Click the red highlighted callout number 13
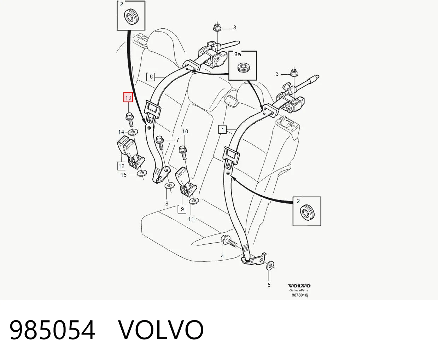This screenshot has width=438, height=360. click(128, 97)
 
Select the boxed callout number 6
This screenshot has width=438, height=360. click(151, 77)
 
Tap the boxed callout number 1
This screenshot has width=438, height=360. click(222, 130)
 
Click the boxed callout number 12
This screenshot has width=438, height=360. click(121, 166)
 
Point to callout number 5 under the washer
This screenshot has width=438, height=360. click(269, 285)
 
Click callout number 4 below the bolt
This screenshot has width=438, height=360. click(222, 256)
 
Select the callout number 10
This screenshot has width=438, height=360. click(185, 132)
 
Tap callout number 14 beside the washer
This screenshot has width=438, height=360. click(121, 132)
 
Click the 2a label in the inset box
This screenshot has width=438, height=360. click(237, 54)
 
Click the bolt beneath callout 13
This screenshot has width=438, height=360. click(130, 120)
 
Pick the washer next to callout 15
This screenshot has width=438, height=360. click(142, 173)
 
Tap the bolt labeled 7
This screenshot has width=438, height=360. click(160, 142)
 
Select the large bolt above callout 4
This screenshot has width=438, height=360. click(229, 242)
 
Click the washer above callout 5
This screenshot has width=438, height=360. click(270, 266)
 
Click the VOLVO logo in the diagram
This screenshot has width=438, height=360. click(299, 286)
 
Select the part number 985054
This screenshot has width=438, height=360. click(52, 330)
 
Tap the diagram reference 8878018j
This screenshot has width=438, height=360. click(300, 295)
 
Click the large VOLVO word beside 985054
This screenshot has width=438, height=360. click(161, 330)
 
